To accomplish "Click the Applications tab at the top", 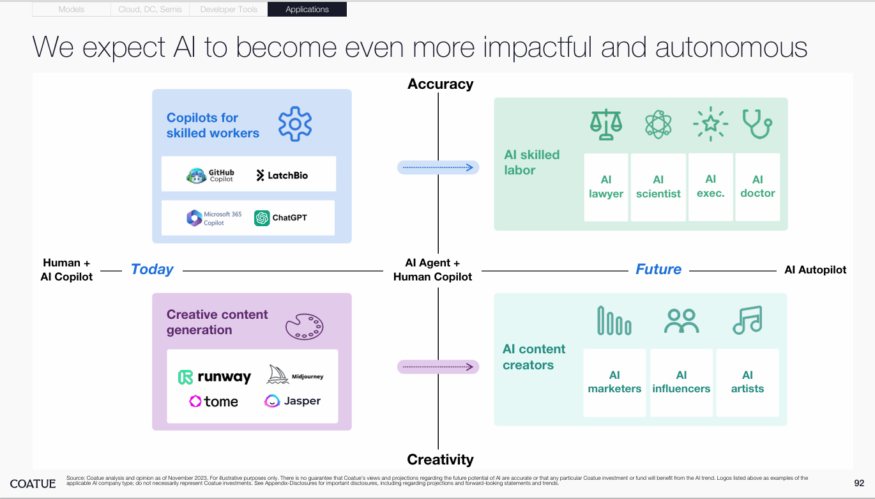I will click(x=307, y=10).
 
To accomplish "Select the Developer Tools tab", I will click(x=229, y=10).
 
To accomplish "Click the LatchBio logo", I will click(x=282, y=175).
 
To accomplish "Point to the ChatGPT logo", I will click(x=280, y=218).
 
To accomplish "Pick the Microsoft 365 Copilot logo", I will click(x=214, y=218).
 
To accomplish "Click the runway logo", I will click(x=215, y=377).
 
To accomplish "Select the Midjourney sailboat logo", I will click(x=295, y=375).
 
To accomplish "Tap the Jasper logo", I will click(x=293, y=401).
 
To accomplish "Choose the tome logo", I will click(x=213, y=401).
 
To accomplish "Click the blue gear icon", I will click(x=295, y=124).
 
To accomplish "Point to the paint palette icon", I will click(x=304, y=326).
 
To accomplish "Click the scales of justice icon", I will click(x=605, y=125).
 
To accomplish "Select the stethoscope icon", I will click(x=757, y=125).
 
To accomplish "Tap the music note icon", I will click(x=747, y=320).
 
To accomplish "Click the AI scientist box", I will click(x=658, y=187).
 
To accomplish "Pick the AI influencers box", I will click(x=681, y=382).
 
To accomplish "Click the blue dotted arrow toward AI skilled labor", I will click(x=438, y=167).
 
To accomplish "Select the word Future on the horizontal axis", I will click(x=658, y=270).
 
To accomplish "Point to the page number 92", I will click(x=859, y=483).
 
